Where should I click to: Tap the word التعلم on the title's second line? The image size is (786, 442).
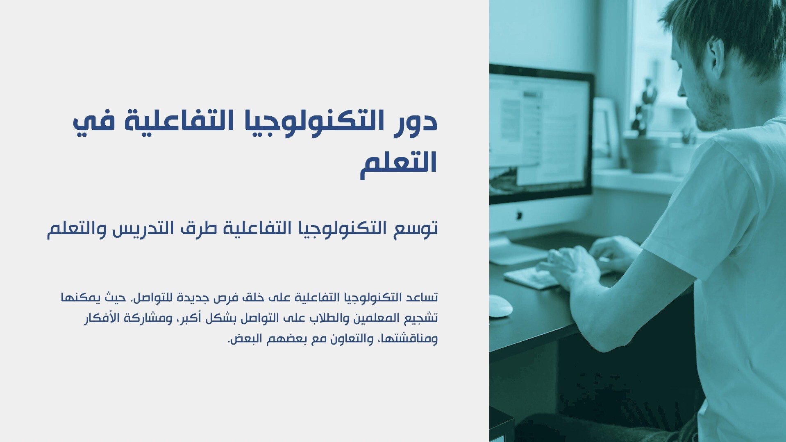coord(399,163)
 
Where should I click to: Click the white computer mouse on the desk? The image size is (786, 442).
coord(501,305)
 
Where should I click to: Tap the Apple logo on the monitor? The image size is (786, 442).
coord(520,214)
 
